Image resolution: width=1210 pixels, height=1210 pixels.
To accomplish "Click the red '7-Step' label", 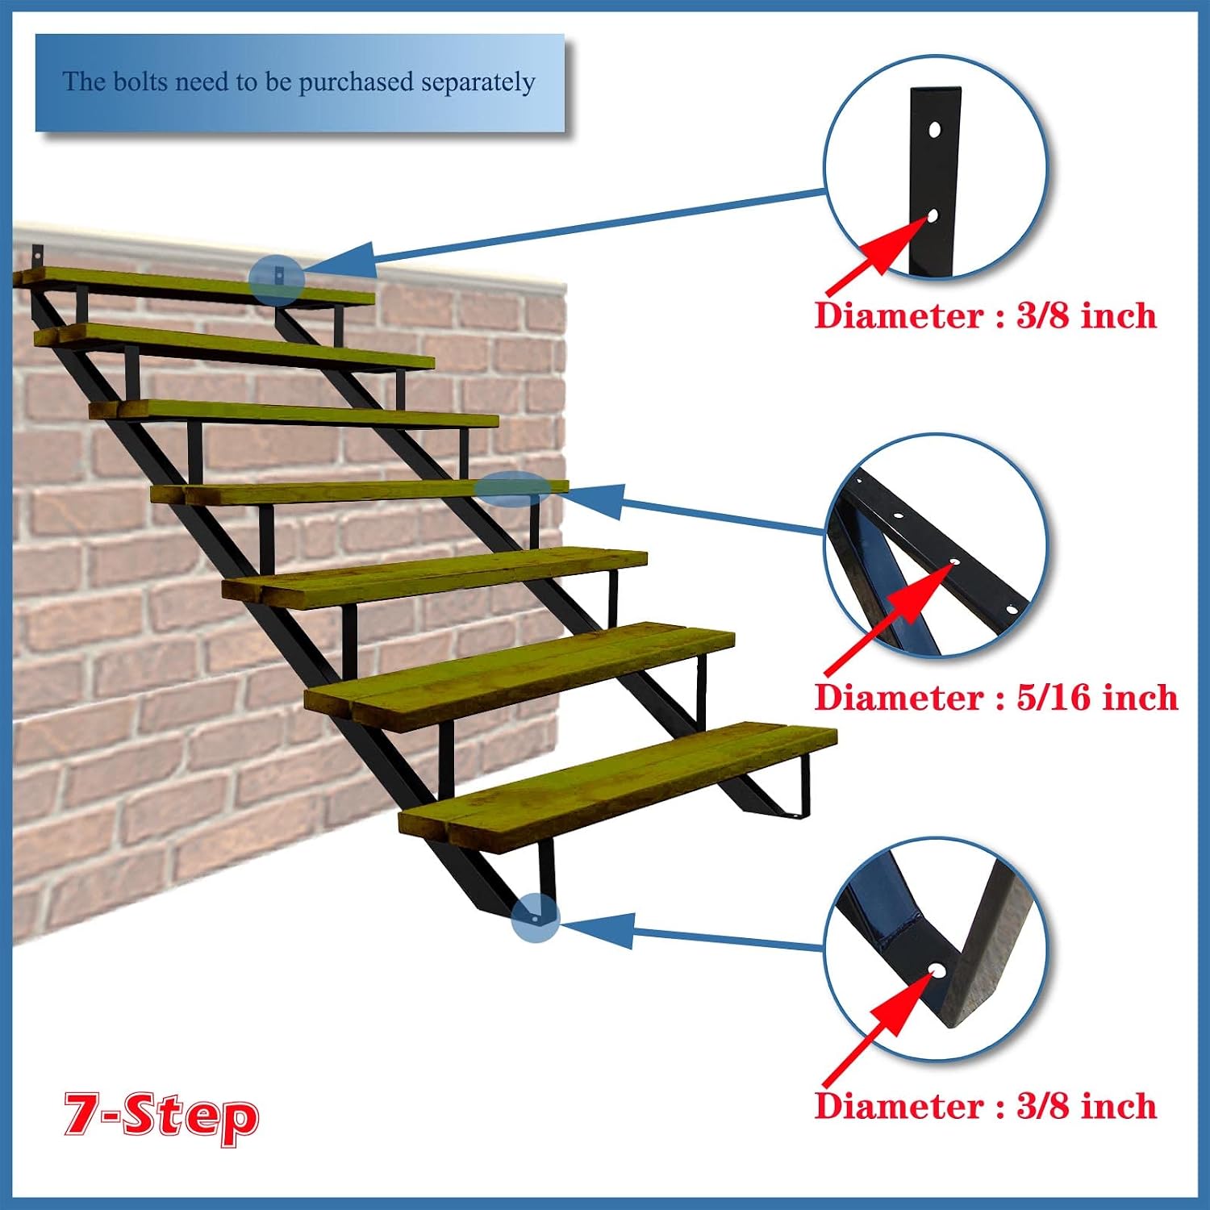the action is tap(161, 1116).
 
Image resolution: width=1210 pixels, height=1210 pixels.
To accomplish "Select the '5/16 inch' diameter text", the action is tap(1097, 697).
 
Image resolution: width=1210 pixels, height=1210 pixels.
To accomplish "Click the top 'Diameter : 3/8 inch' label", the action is tap(986, 315).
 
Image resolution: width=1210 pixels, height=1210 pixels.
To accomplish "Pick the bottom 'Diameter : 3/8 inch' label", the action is tap(986, 1105).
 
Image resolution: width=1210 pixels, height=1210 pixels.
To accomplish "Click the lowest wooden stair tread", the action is tap(618, 786).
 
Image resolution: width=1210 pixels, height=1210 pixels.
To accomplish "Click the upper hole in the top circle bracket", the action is tap(934, 129).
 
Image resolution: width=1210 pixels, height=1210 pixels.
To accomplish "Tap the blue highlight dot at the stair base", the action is tap(535, 918).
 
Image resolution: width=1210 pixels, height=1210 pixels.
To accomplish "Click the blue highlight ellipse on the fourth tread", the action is tap(511, 489).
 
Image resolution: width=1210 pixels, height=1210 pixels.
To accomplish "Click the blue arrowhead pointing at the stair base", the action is tap(597, 929).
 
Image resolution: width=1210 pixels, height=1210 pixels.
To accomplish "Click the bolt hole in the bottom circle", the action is tap(937, 969).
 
